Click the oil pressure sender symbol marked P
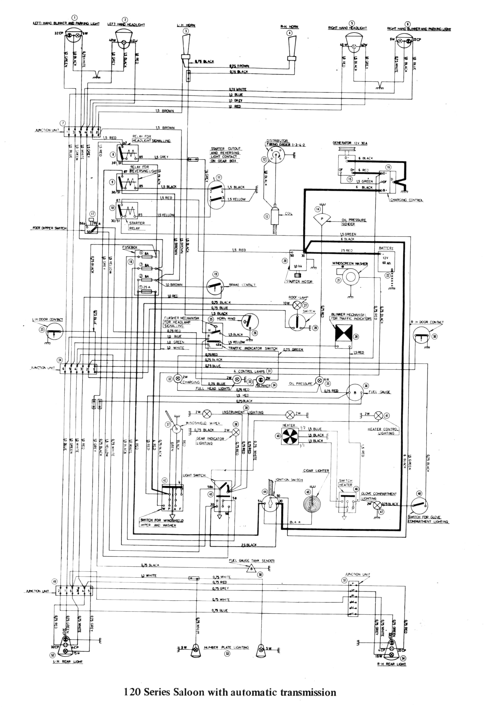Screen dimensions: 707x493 321,219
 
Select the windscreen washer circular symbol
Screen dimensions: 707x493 350,277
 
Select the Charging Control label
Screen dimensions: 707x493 406,200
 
